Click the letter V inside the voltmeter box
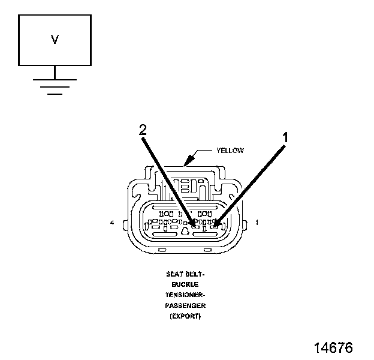click(x=55, y=40)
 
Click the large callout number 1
click(x=285, y=137)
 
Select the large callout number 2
click(x=143, y=129)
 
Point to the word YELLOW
click(x=230, y=151)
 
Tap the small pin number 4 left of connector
click(x=113, y=223)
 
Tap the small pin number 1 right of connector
click(x=257, y=223)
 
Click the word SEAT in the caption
click(x=174, y=274)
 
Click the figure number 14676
click(x=333, y=347)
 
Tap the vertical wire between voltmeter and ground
click(x=55, y=72)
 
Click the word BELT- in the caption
click(x=195, y=274)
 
